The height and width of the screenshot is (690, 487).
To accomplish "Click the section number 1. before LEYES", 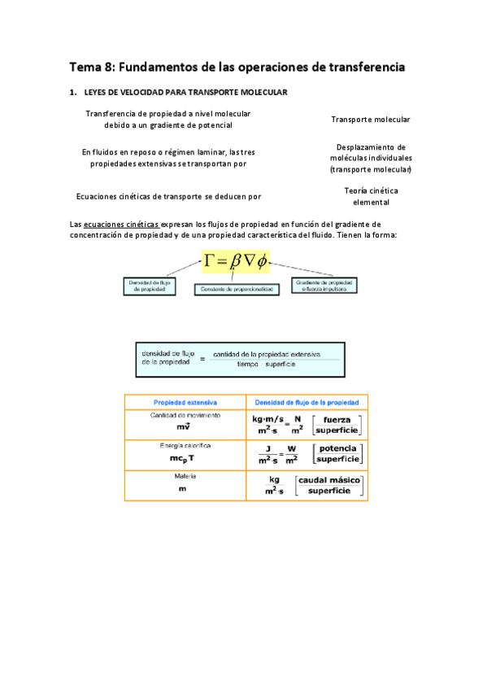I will (72, 93).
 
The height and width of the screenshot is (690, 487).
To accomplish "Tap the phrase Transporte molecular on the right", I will (370, 120).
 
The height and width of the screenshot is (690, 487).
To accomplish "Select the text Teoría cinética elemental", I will (371, 196).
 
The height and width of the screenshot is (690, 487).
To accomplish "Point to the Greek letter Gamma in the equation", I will (213, 260).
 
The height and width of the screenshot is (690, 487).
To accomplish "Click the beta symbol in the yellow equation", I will (237, 261).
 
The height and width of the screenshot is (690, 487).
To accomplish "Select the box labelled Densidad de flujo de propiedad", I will (150, 286).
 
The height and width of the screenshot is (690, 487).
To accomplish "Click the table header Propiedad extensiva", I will (185, 403).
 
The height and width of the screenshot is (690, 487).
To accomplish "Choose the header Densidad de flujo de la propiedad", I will (307, 403).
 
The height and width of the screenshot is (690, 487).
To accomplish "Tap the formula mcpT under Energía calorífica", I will (185, 458).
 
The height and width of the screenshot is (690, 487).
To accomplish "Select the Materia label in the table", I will (185, 477).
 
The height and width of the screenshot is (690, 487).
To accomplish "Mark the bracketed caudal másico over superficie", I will (328, 486).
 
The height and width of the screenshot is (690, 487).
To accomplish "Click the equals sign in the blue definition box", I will (202, 358).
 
